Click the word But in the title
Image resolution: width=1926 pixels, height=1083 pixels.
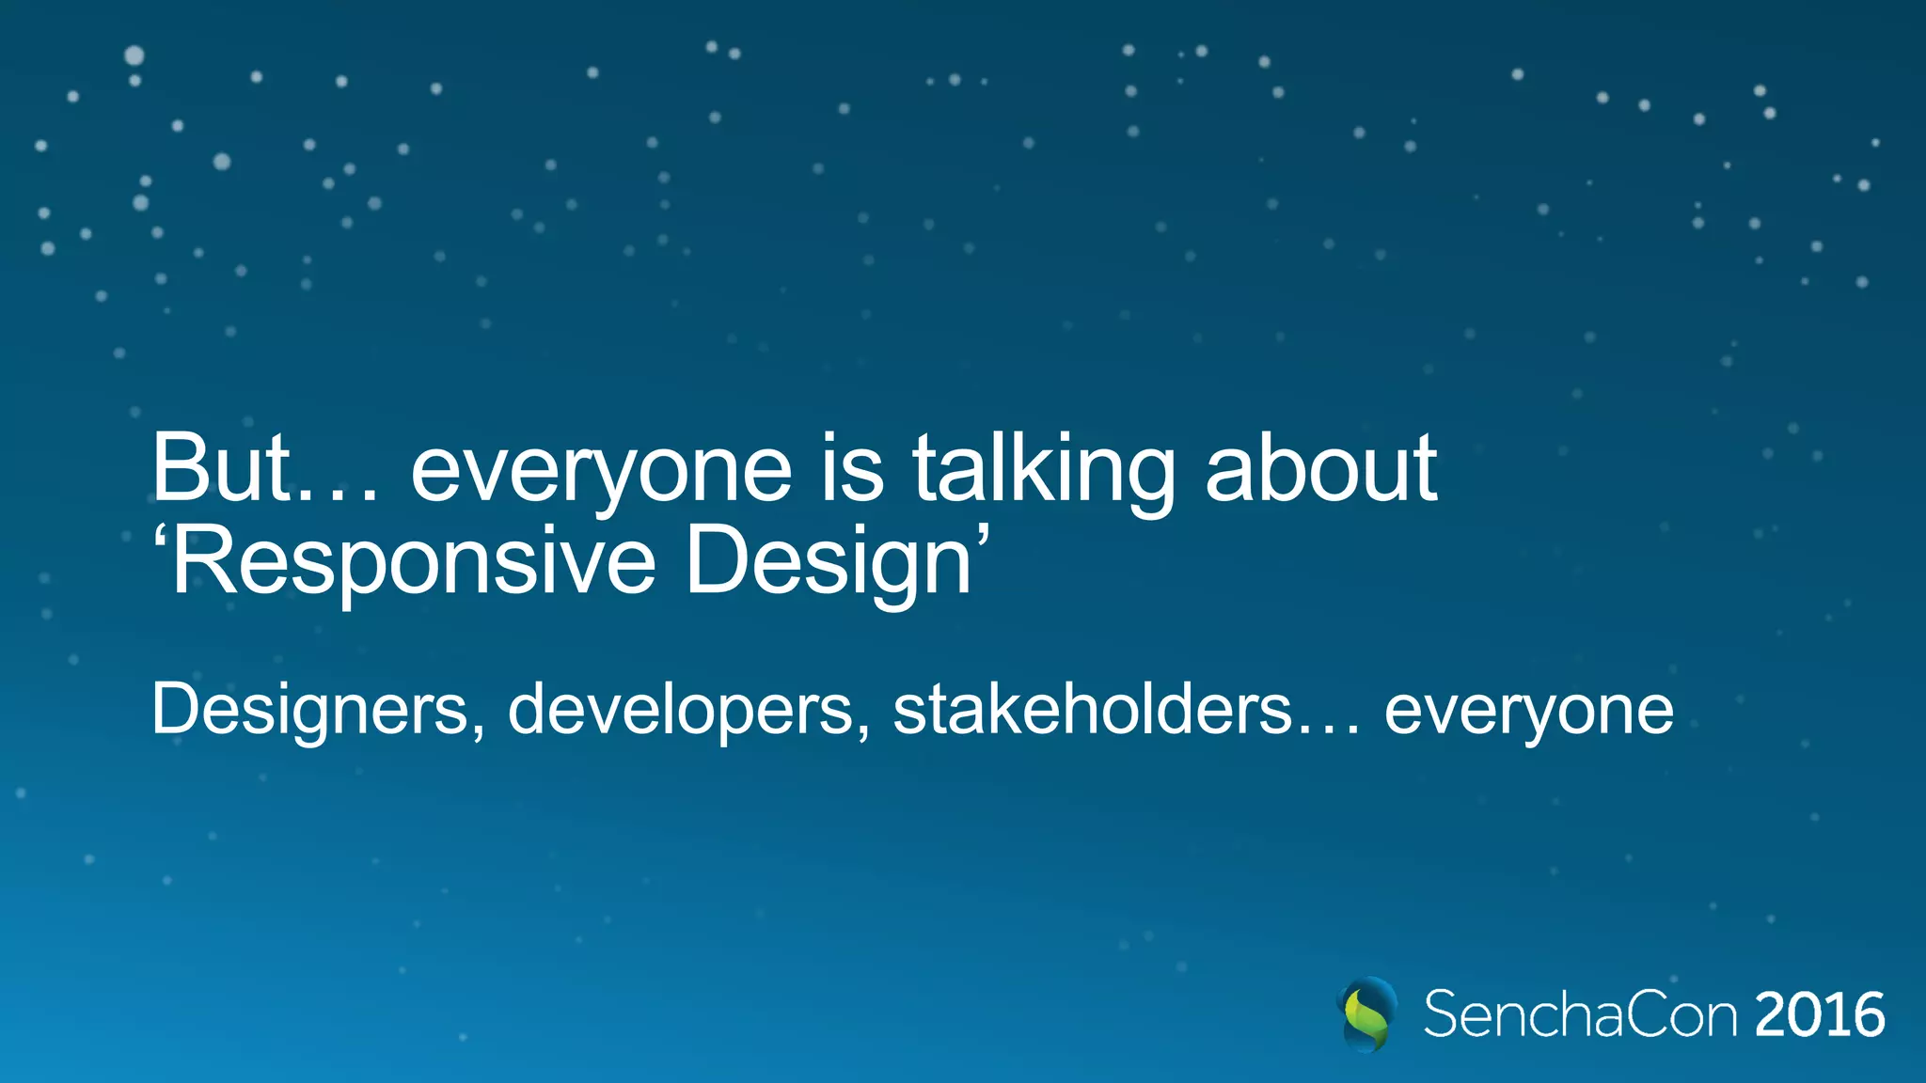pos(222,468)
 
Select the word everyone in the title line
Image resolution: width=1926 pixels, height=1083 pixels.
pos(602,470)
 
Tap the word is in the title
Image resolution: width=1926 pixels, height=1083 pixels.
pos(852,468)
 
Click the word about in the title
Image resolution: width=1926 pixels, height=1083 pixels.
pos(1320,468)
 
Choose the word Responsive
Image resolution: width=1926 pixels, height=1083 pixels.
pos(414,562)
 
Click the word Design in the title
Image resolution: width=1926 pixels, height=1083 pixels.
pos(828,562)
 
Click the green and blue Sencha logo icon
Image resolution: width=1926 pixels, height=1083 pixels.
pos(1366,1014)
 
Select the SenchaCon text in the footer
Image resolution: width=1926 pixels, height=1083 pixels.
pos(1580,1015)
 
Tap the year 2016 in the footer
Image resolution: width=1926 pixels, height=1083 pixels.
pos(1820,1015)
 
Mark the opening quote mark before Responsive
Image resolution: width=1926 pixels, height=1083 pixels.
pos(160,537)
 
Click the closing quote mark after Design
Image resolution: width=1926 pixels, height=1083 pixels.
pos(983,537)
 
